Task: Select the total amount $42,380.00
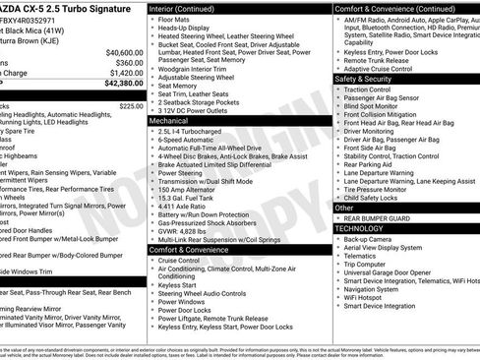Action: click(120, 85)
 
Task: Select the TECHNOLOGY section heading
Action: click(361, 227)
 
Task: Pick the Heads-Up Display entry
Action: click(185, 29)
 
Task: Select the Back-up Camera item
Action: click(371, 238)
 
